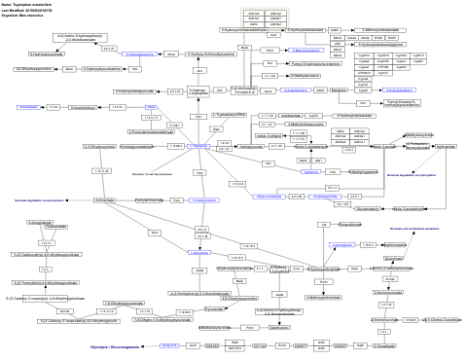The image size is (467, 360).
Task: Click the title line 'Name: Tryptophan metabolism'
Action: click(28, 5)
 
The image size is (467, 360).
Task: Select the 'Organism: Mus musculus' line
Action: click(26, 17)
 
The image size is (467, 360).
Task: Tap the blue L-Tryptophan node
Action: click(198, 145)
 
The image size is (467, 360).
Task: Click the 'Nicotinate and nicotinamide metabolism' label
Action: click(416, 228)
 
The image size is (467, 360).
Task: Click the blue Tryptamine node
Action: click(311, 170)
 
